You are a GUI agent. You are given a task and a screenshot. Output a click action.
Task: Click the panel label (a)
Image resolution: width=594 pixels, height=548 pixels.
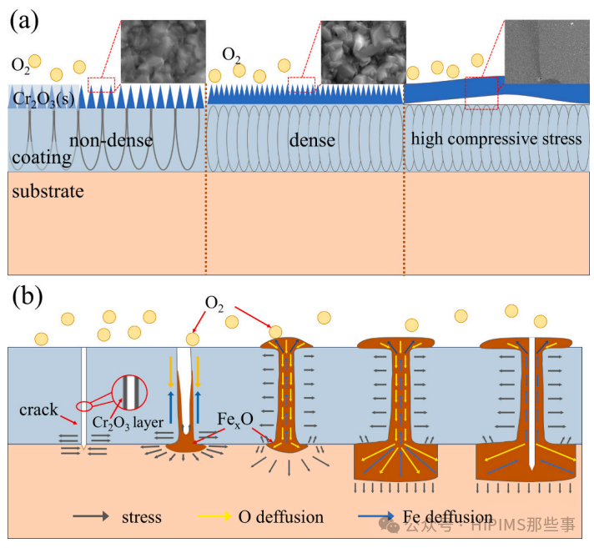(x=24, y=20)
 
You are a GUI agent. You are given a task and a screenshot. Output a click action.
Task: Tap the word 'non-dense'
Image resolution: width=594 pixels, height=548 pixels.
(x=111, y=140)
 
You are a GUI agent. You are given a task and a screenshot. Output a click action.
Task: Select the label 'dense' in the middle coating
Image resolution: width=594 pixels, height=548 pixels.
(x=313, y=140)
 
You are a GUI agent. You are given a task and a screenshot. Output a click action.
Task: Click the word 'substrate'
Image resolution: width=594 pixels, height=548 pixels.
(x=48, y=191)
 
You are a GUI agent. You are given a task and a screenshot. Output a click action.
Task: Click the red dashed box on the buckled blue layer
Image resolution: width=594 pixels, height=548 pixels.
(x=481, y=92)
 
